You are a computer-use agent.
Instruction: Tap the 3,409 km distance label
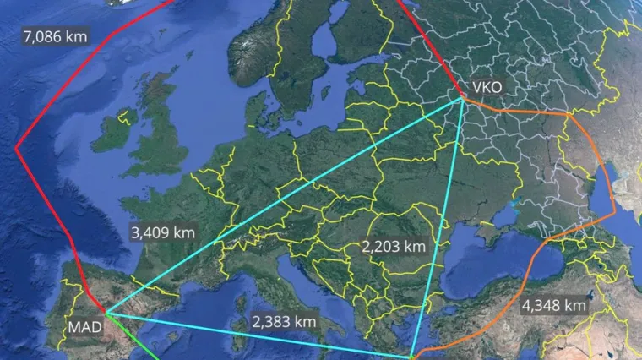point(163,232)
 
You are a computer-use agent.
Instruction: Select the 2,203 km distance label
point(393,247)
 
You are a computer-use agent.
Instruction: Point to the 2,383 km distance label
point(284,322)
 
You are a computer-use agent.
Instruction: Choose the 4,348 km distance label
point(553,304)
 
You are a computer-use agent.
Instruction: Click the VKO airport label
point(487,87)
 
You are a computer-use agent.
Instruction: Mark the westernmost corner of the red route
point(16,148)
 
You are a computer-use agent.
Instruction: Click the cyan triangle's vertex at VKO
point(462,100)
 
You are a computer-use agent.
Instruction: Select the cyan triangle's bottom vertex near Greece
point(411,357)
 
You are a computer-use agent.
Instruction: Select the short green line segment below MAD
point(144,351)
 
